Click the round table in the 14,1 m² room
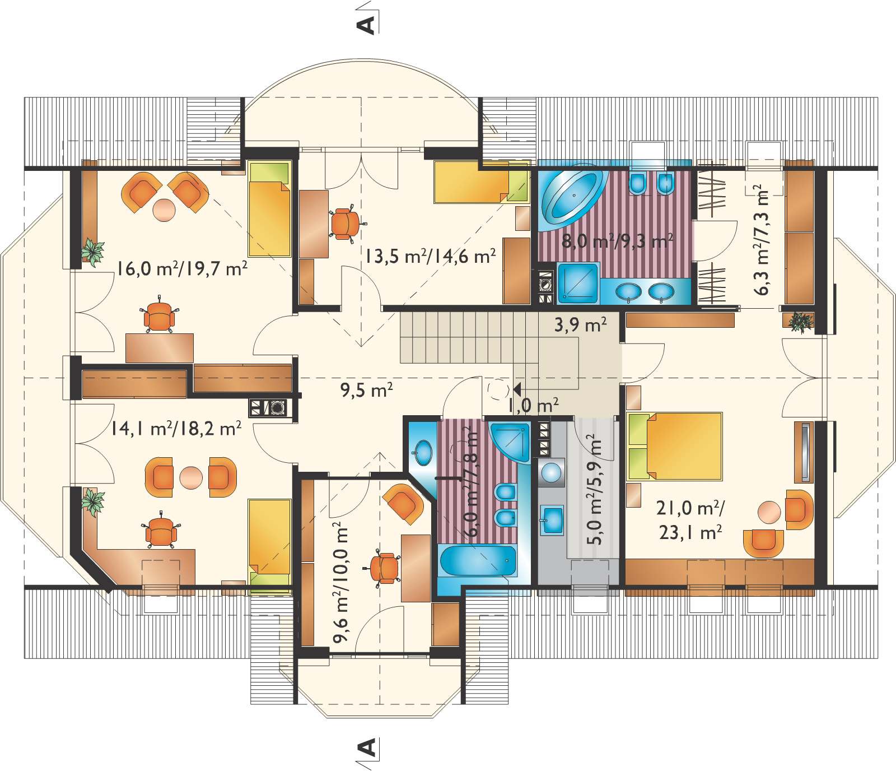click(190, 477)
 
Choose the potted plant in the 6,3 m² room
click(801, 322)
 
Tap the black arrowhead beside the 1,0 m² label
click(516, 388)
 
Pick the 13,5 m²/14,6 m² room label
click(431, 256)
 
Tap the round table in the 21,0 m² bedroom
click(769, 511)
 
